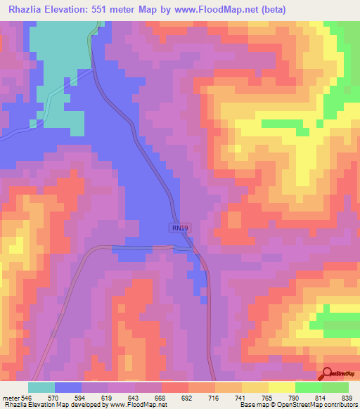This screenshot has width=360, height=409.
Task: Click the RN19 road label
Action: coord(179,228)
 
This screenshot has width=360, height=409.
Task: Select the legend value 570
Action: coord(60,397)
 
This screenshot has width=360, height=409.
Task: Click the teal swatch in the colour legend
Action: coord(41,387)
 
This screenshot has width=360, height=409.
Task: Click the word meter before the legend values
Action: coord(11,397)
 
